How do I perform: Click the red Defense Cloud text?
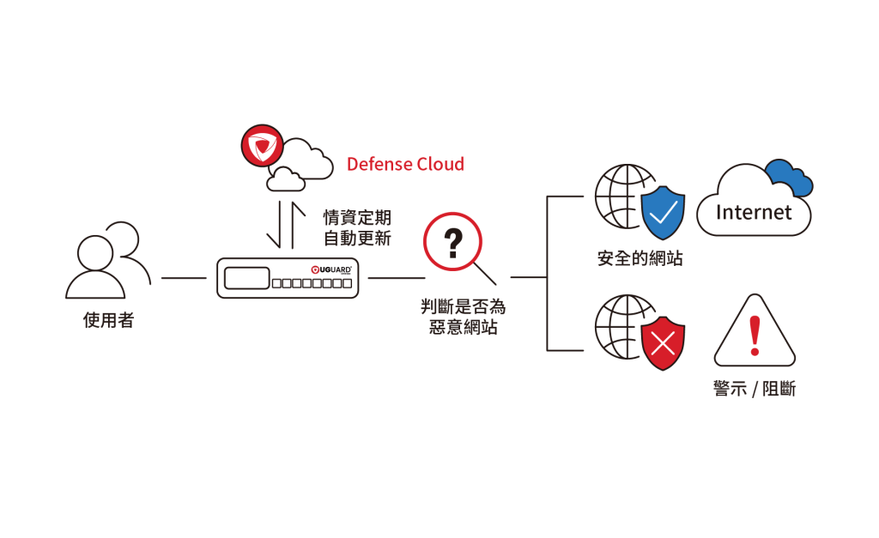404,164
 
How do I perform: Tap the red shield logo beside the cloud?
262,146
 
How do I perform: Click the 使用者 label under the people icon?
108,320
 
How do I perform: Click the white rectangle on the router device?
246,278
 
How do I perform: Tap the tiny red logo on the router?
315,269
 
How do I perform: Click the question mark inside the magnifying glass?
452,243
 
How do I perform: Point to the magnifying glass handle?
487,275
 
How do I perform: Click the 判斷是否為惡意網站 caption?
463,317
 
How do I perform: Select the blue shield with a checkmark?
663,213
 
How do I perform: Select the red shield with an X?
663,342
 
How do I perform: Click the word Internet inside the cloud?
754,212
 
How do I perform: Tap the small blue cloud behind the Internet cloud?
790,176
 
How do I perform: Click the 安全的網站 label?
640,258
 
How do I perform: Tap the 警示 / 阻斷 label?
754,389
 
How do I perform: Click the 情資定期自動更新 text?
356,227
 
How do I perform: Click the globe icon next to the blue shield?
621,196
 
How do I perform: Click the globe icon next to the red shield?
621,327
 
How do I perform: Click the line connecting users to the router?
184,278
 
